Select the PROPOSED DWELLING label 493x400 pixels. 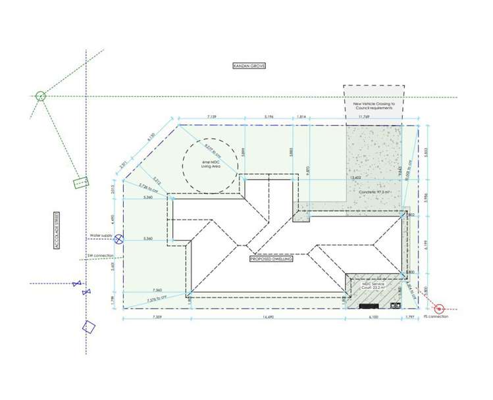271,259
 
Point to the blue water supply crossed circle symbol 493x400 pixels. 118,239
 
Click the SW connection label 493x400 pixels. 99,255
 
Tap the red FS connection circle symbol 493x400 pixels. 439,307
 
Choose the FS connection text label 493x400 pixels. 436,316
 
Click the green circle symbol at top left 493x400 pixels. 40,96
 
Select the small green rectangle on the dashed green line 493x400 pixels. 80,182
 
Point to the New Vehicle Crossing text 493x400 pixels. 374,105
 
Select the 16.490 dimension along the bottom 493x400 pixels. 267,317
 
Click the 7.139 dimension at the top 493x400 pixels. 212,116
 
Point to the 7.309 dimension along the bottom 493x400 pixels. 156,317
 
